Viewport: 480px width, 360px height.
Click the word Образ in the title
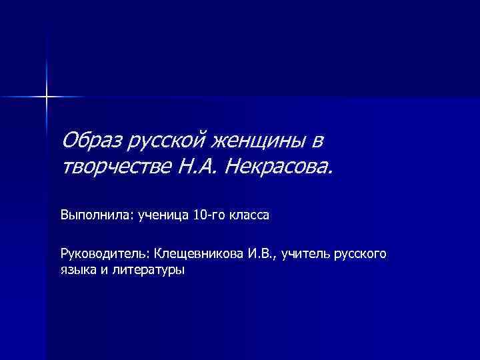(x=91, y=141)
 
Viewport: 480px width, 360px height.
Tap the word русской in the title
(x=167, y=141)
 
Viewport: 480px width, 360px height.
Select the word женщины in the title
(x=261, y=141)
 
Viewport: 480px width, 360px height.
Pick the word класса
(x=251, y=215)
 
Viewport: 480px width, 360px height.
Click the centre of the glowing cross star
(x=47, y=97)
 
